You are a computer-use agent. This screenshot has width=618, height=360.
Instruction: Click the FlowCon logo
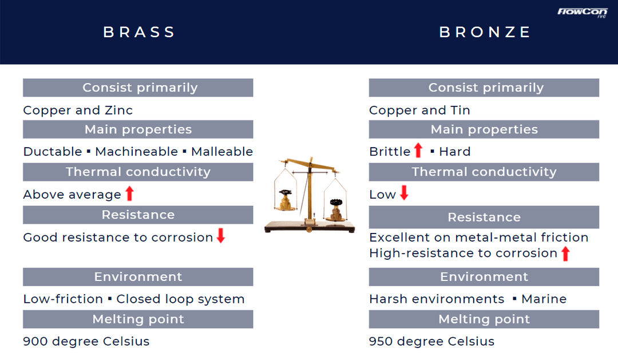(x=582, y=13)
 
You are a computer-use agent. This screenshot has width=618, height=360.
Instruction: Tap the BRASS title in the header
(x=139, y=32)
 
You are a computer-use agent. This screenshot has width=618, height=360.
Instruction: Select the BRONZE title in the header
(x=485, y=32)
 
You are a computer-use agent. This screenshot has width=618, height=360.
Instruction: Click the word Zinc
(x=118, y=110)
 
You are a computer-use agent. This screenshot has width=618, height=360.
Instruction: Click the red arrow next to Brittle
(x=418, y=150)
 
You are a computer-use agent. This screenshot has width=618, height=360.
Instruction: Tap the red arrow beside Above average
(x=130, y=193)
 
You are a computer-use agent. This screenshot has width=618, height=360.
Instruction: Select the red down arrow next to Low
(x=404, y=193)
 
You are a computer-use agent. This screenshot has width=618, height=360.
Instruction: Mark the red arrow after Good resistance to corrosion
(x=221, y=235)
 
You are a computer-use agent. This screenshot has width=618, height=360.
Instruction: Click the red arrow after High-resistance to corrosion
(x=565, y=254)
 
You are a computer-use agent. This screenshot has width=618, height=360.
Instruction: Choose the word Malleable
(x=222, y=152)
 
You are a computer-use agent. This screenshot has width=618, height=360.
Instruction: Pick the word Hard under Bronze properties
(x=455, y=152)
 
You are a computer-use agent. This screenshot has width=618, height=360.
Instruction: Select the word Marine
(x=544, y=299)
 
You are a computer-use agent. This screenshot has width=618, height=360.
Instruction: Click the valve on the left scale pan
(x=286, y=200)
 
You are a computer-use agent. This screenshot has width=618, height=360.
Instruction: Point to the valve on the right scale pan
(x=336, y=210)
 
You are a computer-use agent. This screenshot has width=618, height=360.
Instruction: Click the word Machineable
(x=137, y=152)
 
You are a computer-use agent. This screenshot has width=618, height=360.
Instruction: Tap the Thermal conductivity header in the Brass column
(x=138, y=172)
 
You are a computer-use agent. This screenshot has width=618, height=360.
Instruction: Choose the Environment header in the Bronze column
(x=484, y=277)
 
